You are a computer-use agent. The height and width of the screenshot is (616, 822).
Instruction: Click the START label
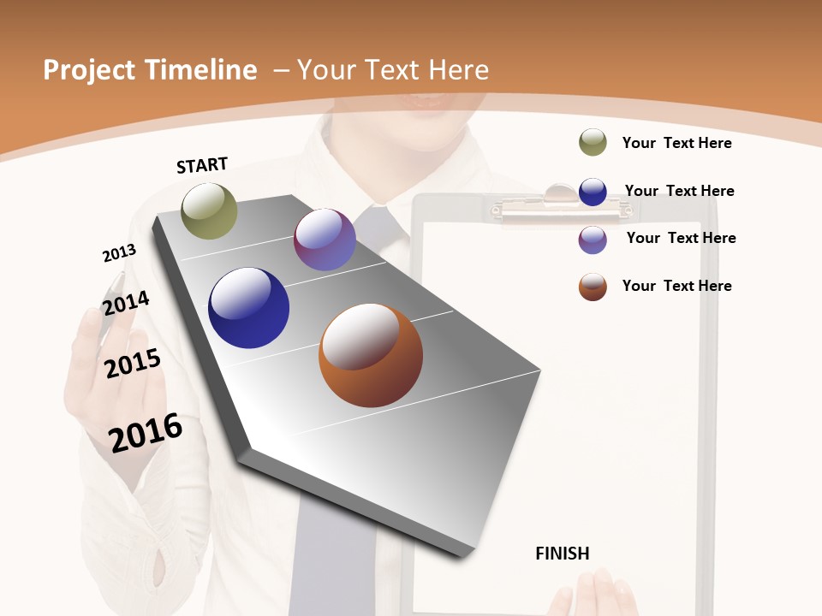point(202,165)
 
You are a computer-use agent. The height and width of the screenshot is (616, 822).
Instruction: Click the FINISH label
point(563,554)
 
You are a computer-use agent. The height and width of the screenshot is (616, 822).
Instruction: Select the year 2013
point(119,252)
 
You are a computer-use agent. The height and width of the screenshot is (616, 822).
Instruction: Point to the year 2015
point(133,364)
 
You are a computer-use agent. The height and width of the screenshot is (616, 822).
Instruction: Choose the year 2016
point(146,432)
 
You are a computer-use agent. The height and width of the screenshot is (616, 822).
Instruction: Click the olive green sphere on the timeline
point(209,210)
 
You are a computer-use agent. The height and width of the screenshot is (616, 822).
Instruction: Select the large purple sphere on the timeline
point(325,240)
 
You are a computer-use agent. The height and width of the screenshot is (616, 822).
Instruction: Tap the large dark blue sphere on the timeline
point(248,308)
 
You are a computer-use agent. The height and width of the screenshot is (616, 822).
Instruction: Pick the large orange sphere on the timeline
point(371,355)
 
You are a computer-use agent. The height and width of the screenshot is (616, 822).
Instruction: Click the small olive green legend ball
point(593,142)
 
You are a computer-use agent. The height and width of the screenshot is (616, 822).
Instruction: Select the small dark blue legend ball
point(593,192)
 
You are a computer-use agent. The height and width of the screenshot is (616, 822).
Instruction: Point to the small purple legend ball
point(593,240)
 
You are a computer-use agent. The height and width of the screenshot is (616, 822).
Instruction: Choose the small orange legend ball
point(593,287)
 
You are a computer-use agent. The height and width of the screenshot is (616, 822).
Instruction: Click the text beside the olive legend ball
point(676,143)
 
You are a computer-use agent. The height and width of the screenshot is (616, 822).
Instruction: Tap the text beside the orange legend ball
point(676,286)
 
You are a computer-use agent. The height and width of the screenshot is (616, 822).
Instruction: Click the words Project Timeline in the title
point(150,70)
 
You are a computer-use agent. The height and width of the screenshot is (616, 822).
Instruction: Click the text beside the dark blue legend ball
point(679,191)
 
